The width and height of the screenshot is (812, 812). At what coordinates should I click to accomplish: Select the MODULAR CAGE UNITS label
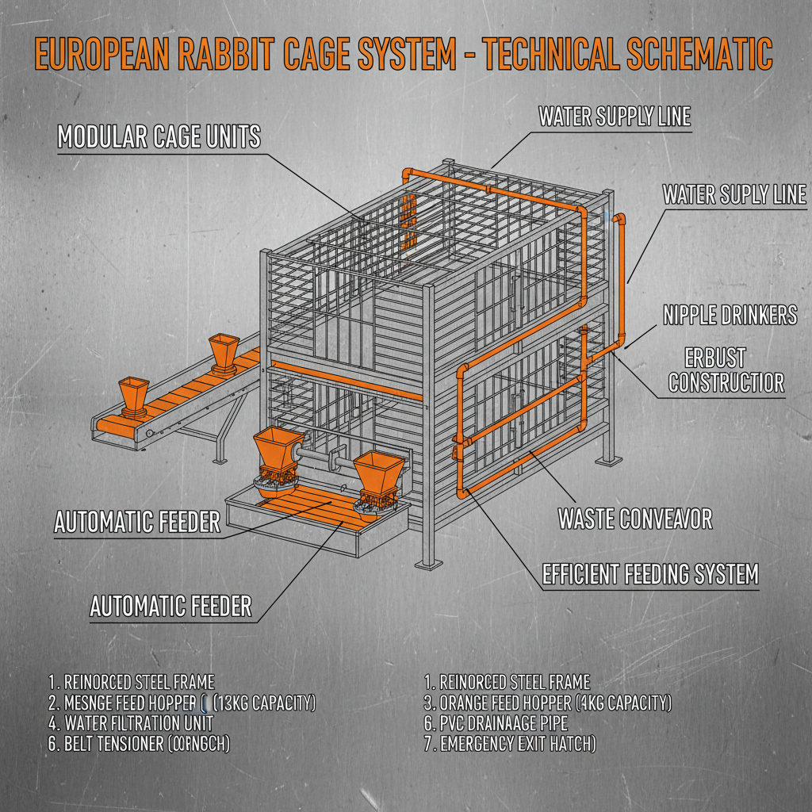pos(159,136)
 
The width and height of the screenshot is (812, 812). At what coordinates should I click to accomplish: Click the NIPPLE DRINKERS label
pos(730,315)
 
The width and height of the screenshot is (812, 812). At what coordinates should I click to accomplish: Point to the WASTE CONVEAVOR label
pos(634,519)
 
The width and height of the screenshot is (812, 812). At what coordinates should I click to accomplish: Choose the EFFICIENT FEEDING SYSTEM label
pos(650,573)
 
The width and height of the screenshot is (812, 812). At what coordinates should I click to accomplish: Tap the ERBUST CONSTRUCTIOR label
pos(726,370)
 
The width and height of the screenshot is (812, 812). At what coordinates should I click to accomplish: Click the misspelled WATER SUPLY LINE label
pos(734,194)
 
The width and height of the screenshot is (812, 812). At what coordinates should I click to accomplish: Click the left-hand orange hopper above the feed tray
pos(274,454)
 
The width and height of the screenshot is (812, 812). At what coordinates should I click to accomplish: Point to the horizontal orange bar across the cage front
pos(346,381)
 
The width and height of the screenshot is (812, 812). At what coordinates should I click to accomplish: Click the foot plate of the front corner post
pos(428,563)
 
